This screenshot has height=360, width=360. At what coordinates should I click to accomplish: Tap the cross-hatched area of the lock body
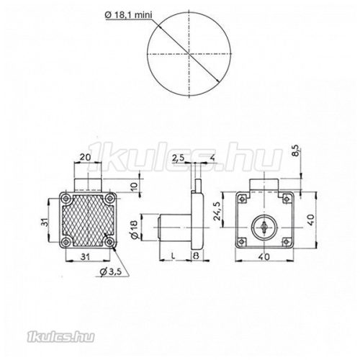point(86,221)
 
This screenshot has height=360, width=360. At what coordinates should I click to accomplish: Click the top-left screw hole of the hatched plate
point(66,198)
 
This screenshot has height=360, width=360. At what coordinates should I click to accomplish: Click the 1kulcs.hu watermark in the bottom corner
point(30,333)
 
